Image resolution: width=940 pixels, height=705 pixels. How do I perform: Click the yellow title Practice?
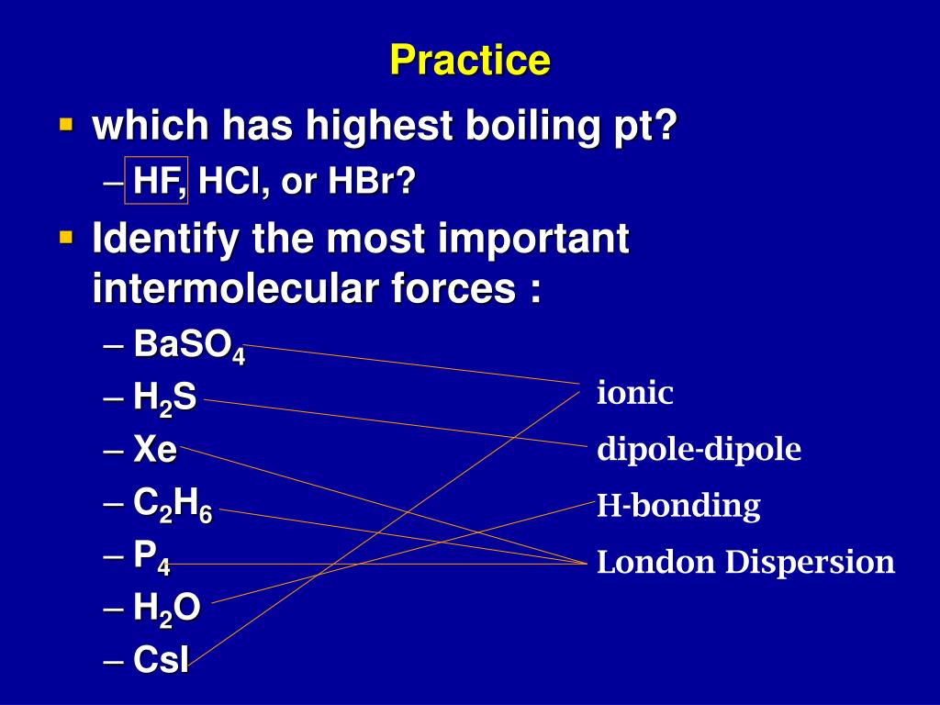tap(470, 60)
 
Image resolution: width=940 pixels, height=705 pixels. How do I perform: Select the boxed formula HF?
tap(156, 181)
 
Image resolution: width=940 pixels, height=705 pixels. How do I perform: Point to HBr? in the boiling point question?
tap(372, 181)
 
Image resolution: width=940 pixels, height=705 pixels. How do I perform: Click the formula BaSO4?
tap(189, 346)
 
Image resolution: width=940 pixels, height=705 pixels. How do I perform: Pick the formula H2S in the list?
tap(165, 398)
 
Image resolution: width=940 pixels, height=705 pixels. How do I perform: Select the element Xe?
tap(155, 448)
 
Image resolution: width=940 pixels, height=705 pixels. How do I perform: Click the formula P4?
tap(151, 557)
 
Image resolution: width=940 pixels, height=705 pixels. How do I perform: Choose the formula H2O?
tap(167, 609)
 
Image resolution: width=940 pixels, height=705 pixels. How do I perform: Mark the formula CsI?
tap(162, 659)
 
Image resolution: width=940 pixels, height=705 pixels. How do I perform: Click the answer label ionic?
tap(635, 393)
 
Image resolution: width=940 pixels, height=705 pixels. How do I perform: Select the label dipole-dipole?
tap(699, 449)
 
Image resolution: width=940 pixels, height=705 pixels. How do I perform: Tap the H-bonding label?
tap(678, 506)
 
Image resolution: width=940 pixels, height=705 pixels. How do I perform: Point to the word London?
tap(656, 563)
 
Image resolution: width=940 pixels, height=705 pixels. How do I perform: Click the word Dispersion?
tap(810, 564)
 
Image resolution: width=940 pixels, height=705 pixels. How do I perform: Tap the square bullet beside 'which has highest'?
tap(66, 125)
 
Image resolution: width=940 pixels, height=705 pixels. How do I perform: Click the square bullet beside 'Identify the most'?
tap(66, 238)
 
